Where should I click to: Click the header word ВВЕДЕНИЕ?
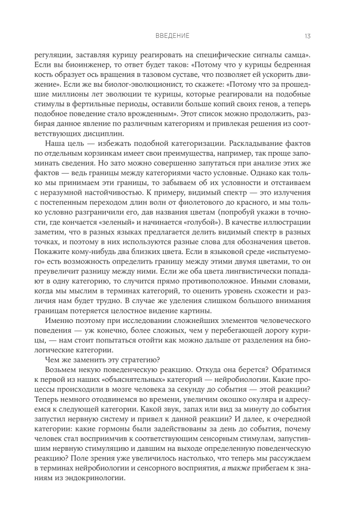pos(172,36)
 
